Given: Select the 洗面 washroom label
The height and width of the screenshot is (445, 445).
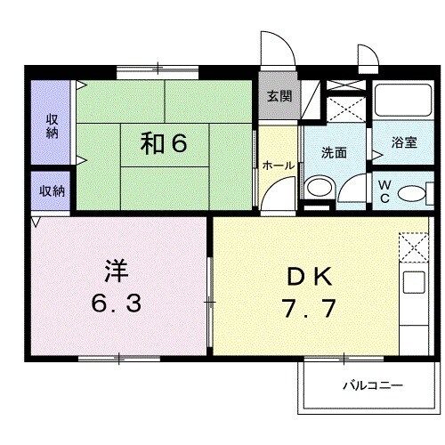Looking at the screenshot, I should pos(334,152).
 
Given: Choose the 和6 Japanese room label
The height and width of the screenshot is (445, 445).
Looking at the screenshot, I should pos(164,143).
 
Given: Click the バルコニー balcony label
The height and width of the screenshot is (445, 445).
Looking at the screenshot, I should pos(373,386).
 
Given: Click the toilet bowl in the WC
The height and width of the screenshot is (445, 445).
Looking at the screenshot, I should pos(410,192).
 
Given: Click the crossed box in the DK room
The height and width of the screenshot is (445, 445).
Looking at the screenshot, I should pos(415,247).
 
